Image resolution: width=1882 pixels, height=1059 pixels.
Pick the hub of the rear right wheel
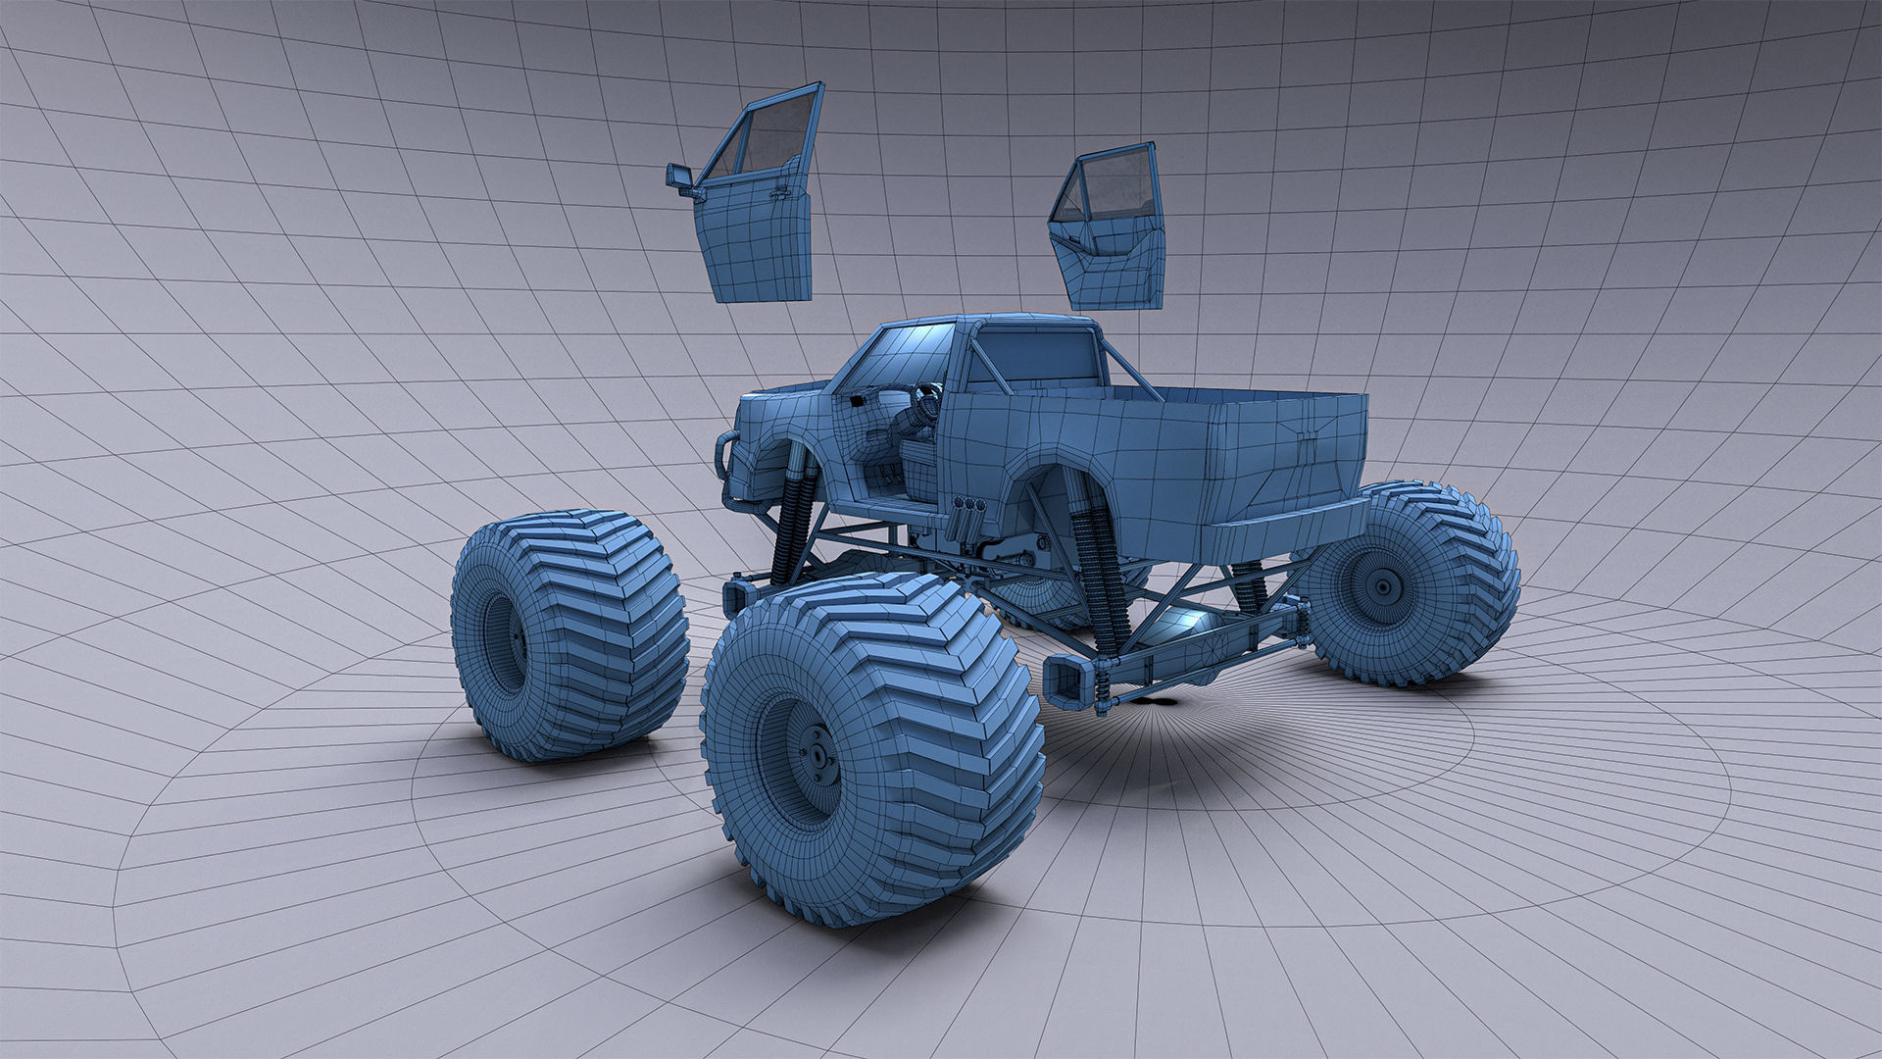[x=1383, y=587]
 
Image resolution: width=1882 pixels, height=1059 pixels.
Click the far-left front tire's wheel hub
[x=513, y=643]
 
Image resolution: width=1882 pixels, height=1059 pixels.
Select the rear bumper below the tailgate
[x=1284, y=529]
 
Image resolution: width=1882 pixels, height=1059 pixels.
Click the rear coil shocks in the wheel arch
[x=1098, y=579]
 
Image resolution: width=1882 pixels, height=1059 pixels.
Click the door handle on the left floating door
[x=780, y=194]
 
